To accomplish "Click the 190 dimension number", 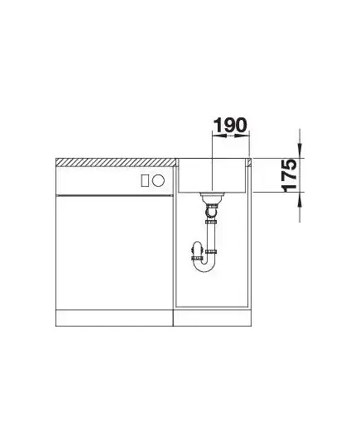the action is [230, 125].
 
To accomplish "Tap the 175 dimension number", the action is [288, 175].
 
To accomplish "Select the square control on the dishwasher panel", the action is [145, 180].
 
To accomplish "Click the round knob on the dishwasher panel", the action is [158, 180].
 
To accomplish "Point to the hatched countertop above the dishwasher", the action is [116, 163].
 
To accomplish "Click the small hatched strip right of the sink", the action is [249, 163].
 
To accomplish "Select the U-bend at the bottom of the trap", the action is [204, 265].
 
